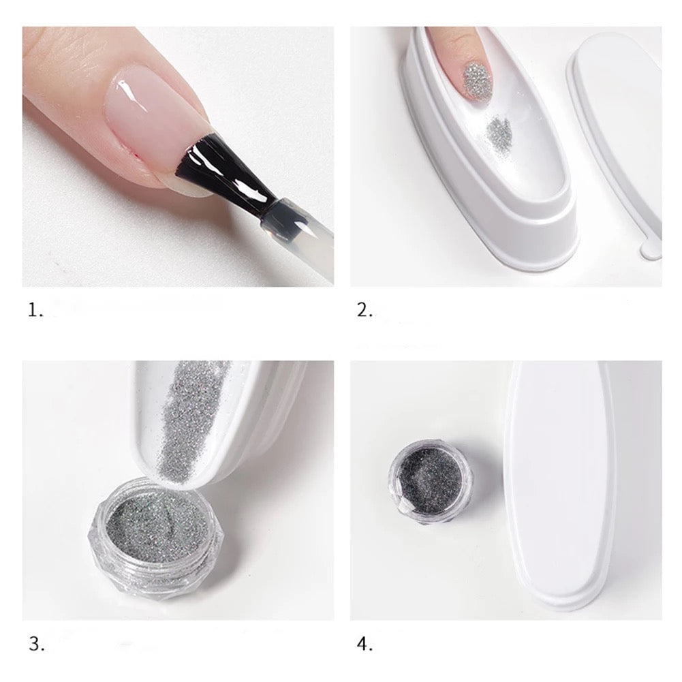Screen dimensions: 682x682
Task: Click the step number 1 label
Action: click(x=35, y=310)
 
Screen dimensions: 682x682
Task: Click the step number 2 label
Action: click(x=365, y=310)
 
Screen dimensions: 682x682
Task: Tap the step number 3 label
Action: click(x=37, y=644)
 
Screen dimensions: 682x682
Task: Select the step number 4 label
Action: click(x=365, y=644)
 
